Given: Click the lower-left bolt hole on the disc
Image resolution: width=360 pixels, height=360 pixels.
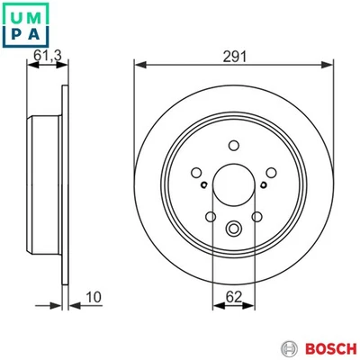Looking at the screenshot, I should pos(211,216).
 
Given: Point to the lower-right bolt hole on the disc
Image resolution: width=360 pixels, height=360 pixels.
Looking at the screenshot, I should pos(257,216).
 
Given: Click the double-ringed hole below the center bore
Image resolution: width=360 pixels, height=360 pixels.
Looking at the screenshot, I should pos(234,229).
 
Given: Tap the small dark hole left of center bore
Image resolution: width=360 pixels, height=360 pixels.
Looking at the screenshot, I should pos(206,186).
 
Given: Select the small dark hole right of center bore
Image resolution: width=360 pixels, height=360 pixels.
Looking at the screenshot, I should pos(262,186).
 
